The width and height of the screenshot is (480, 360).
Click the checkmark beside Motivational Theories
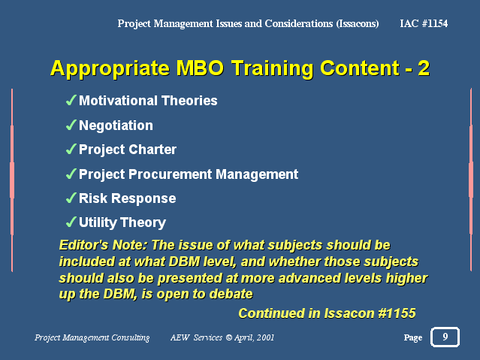71,100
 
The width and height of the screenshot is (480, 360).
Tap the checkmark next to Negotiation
71,125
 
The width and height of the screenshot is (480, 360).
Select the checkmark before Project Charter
71,149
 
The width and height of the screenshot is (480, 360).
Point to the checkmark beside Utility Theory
71,222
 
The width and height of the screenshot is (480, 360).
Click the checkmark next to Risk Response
71,198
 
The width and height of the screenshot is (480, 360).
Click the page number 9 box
445,337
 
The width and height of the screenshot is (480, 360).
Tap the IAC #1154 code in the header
424,23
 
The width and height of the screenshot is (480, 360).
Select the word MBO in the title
200,68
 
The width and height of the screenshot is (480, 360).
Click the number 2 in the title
424,68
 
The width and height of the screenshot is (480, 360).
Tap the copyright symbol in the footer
229,337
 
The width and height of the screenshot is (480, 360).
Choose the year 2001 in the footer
265,337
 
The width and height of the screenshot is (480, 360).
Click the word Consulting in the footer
131,337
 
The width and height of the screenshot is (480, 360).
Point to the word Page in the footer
413,337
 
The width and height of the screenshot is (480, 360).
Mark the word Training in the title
272,68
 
